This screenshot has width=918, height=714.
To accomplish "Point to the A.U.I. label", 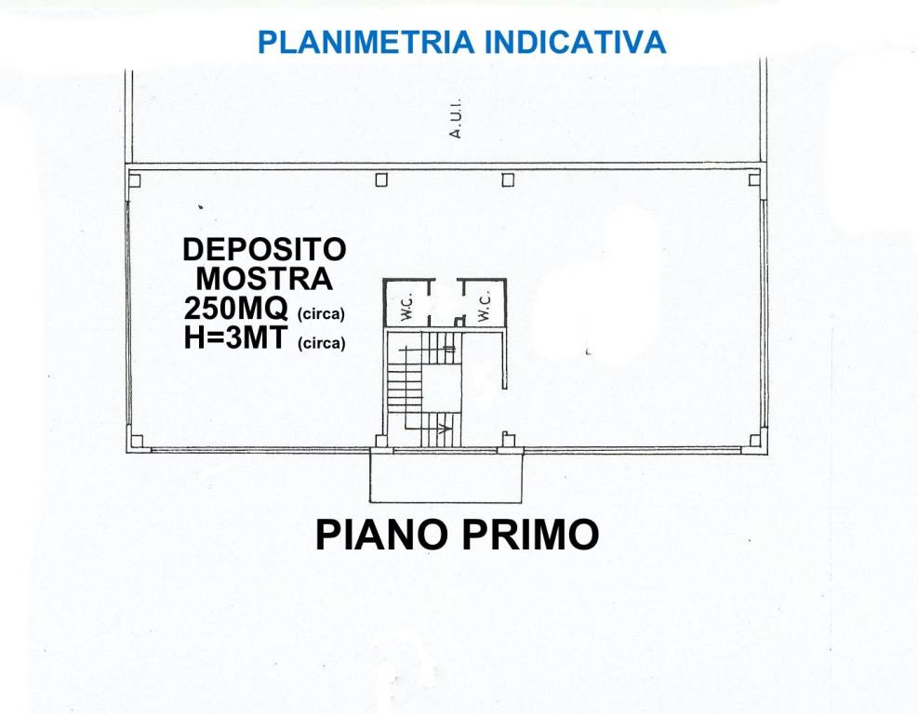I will [x=456, y=121].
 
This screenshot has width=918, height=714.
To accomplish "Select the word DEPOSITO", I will [x=264, y=249].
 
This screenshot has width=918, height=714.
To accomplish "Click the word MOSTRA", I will [x=264, y=278].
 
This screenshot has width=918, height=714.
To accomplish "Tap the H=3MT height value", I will [x=236, y=339].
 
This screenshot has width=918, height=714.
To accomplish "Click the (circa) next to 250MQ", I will [x=321, y=313].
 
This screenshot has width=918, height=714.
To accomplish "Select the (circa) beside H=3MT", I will [x=321, y=344].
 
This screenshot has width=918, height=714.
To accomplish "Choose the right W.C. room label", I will [x=484, y=308].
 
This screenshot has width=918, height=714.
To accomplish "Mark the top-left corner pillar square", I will [x=135, y=180].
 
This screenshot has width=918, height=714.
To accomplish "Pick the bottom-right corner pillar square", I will [x=755, y=441].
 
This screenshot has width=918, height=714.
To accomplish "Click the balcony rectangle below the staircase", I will [x=447, y=475].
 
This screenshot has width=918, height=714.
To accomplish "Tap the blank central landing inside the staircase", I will [x=442, y=388].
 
